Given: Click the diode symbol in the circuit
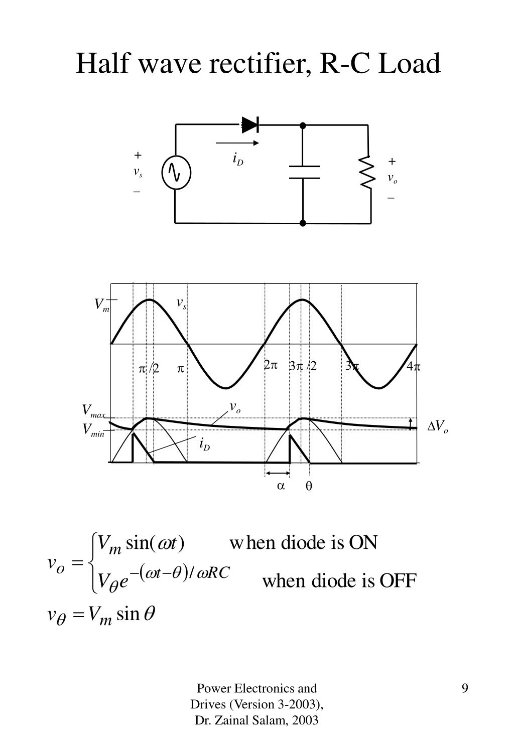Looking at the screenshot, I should (x=250, y=124).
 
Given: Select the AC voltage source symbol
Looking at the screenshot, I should (x=176, y=173).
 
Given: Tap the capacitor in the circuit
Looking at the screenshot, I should (x=304, y=172).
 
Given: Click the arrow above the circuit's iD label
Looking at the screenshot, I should (x=237, y=143).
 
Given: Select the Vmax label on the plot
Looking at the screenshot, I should (x=93, y=412).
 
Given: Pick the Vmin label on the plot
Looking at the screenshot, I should (x=93, y=430).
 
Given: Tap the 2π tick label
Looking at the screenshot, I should (x=271, y=365).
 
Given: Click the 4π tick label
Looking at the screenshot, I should (x=414, y=367).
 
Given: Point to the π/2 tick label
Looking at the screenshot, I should (x=149, y=369).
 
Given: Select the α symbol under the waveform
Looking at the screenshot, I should (x=281, y=486).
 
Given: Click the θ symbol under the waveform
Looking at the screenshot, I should (x=309, y=486).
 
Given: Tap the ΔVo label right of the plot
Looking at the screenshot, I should (x=437, y=427).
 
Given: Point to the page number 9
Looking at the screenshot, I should (x=465, y=688).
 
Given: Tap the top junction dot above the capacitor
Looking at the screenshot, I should (x=303, y=125).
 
